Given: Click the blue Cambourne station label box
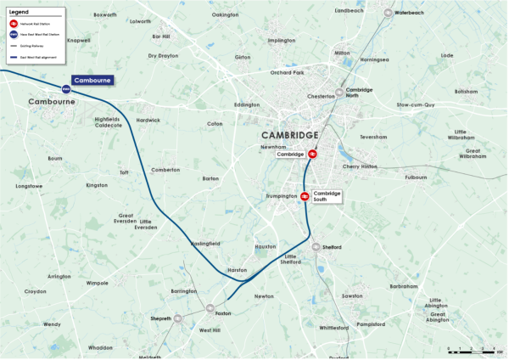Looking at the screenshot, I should point(92,81).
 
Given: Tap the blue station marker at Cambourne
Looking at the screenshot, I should point(65,89).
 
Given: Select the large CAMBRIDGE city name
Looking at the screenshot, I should point(289,136).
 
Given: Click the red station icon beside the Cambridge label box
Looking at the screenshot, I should point(312,155).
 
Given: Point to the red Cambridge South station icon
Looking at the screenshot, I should point(304,196).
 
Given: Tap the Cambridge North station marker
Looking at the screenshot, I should point(339,92).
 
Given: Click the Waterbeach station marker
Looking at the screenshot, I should point(388,14).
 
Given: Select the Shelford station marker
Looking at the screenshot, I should point(316,247).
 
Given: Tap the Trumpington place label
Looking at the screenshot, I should point(281,197).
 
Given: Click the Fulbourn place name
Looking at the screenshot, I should point(416,178).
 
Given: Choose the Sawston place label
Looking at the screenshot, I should point(353,296).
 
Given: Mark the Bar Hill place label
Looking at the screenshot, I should point(161,37).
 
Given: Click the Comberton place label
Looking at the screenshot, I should point(165,170).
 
